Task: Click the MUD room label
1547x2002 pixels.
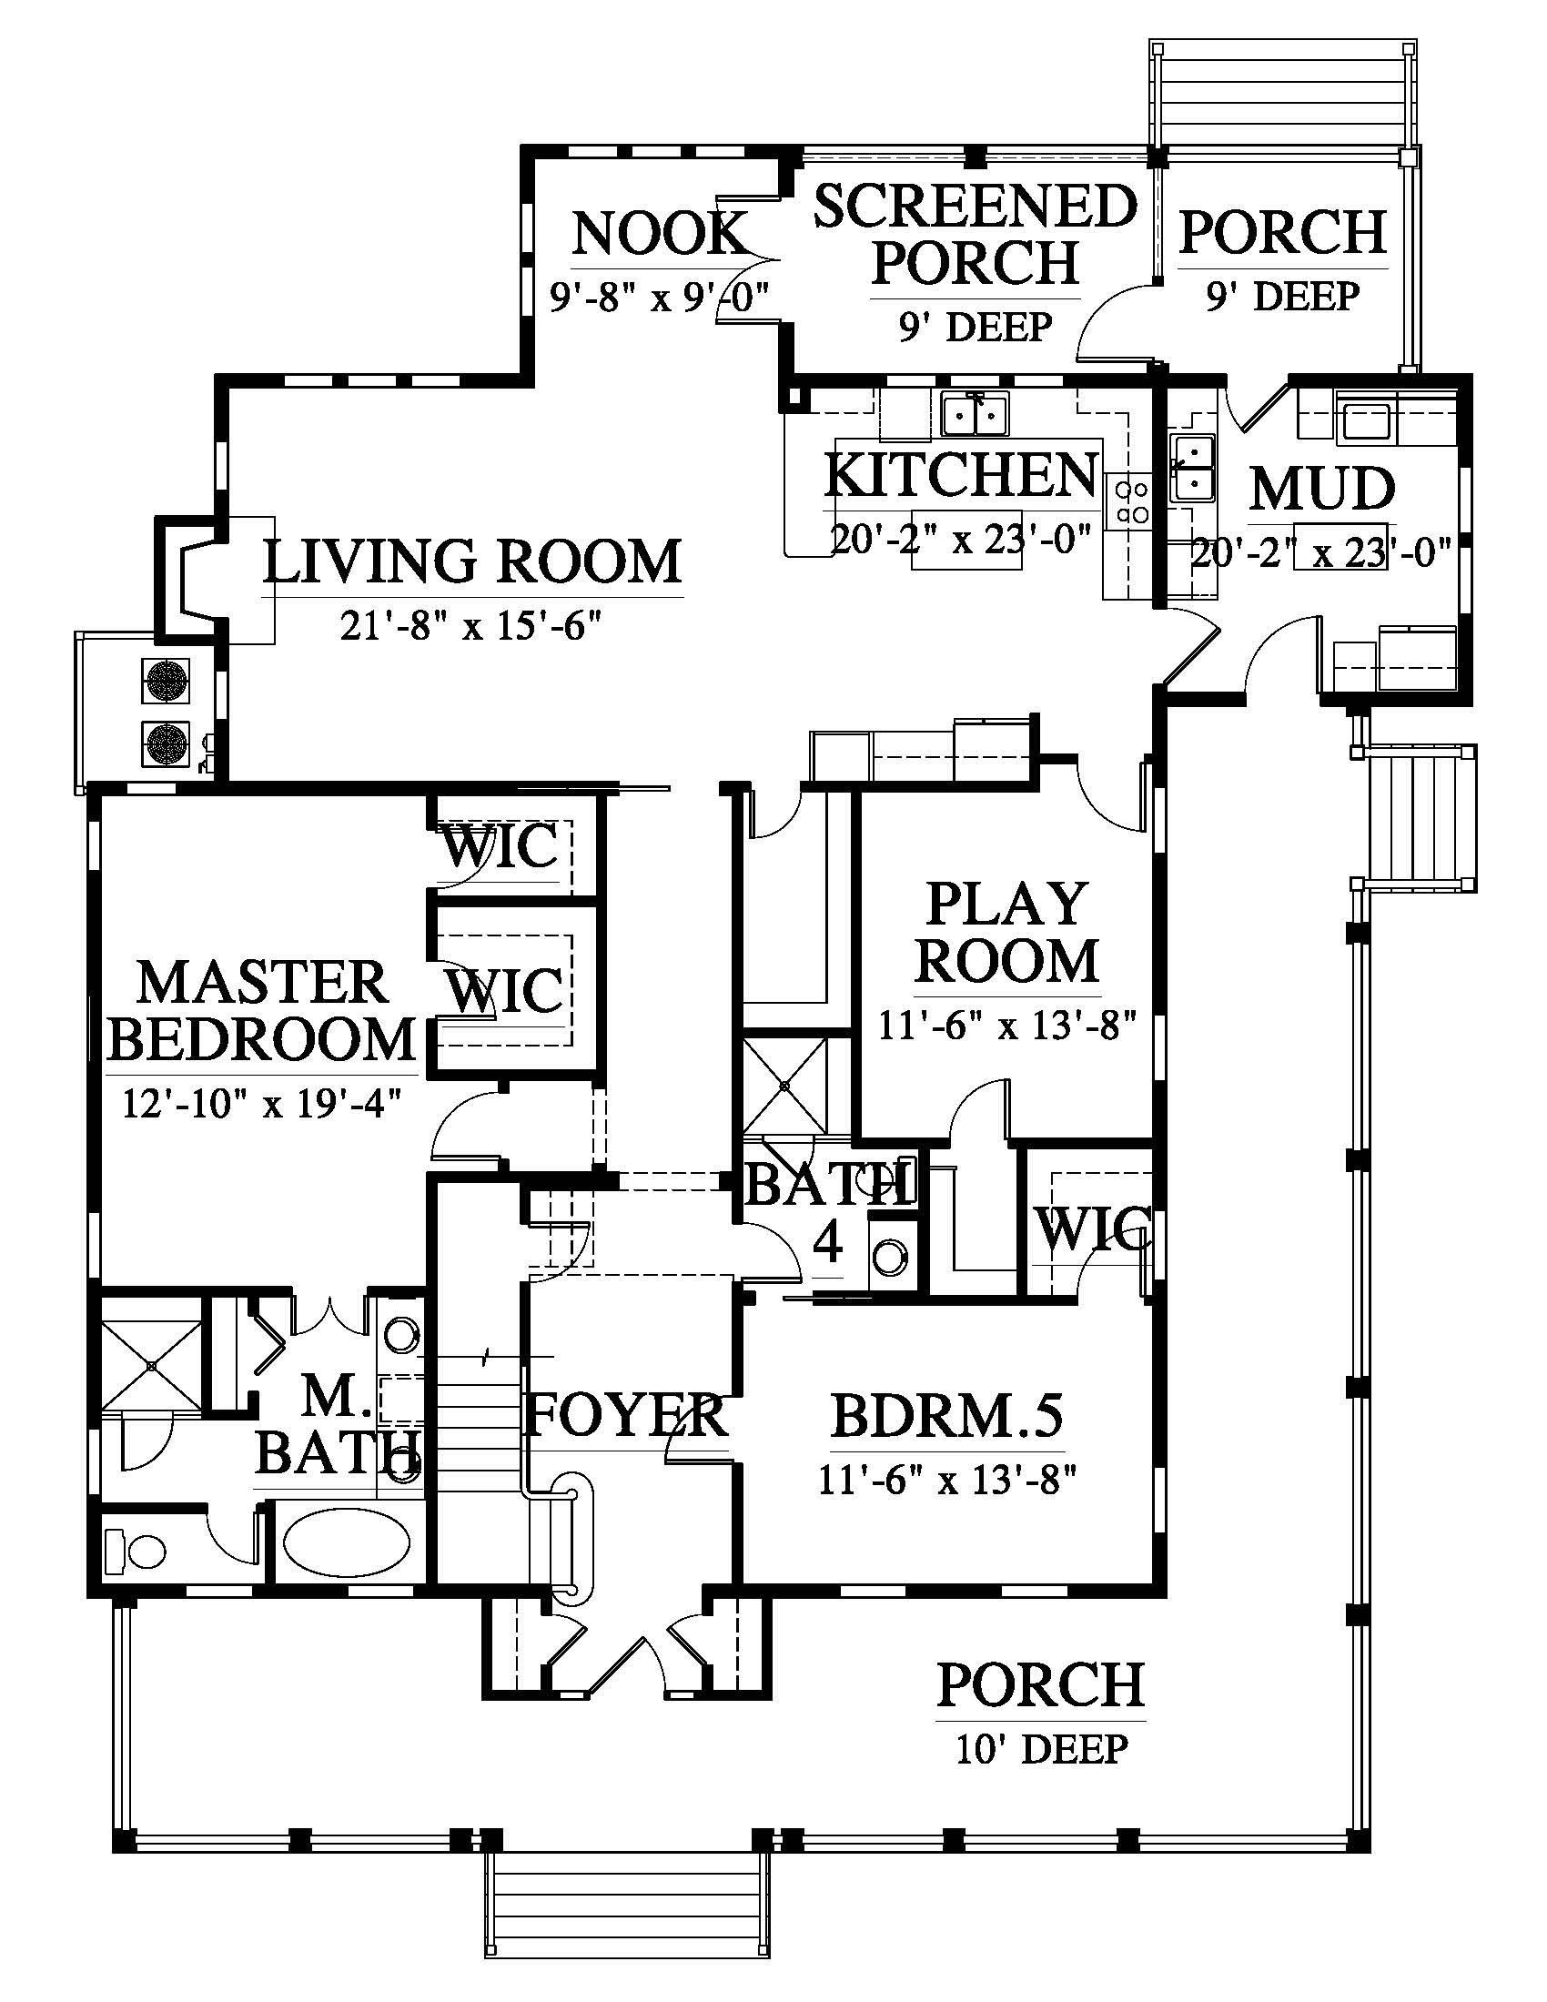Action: click(1322, 490)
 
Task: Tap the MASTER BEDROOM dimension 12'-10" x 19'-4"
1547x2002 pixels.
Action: click(262, 1104)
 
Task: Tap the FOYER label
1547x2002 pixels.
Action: click(626, 1414)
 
